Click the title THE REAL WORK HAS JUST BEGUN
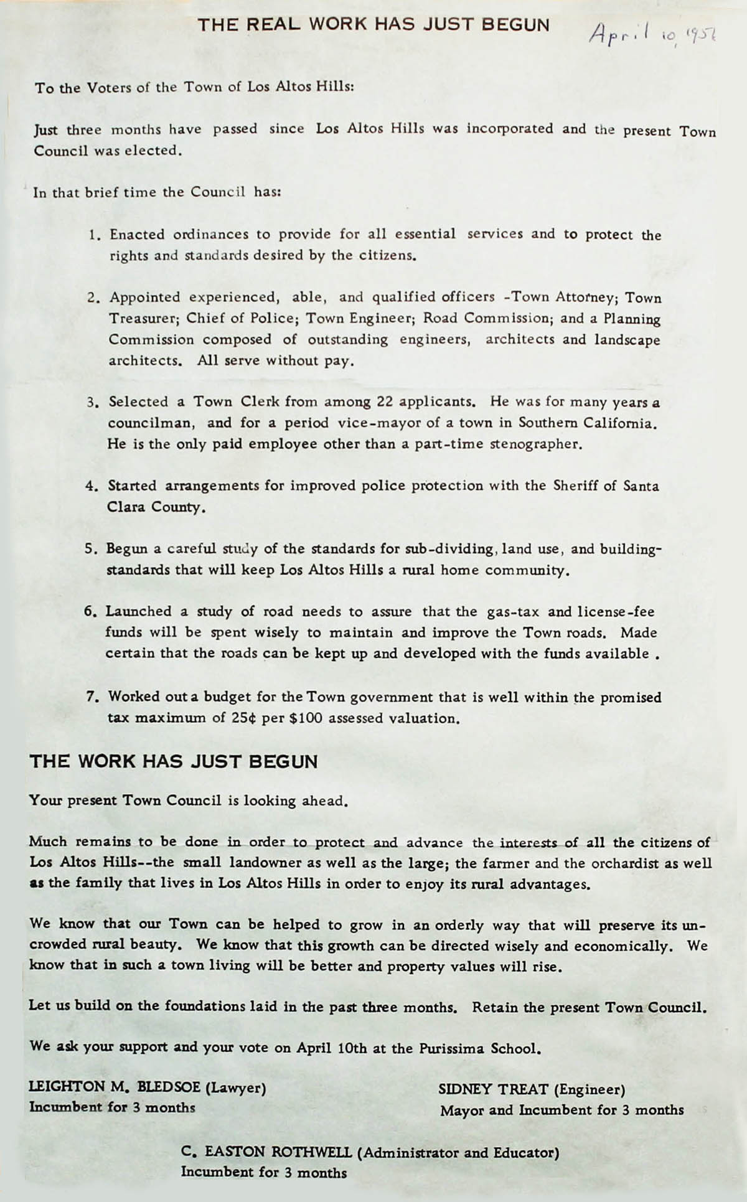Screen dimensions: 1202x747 (374, 25)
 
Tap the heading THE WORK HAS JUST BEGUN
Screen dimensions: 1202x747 (174, 761)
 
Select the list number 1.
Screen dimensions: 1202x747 (94, 235)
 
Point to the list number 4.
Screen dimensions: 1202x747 (91, 486)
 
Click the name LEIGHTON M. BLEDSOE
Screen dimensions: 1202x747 (115, 1087)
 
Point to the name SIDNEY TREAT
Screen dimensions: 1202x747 (493, 1089)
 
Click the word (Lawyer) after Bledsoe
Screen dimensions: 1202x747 (236, 1087)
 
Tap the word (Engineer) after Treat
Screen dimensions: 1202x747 (589, 1089)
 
